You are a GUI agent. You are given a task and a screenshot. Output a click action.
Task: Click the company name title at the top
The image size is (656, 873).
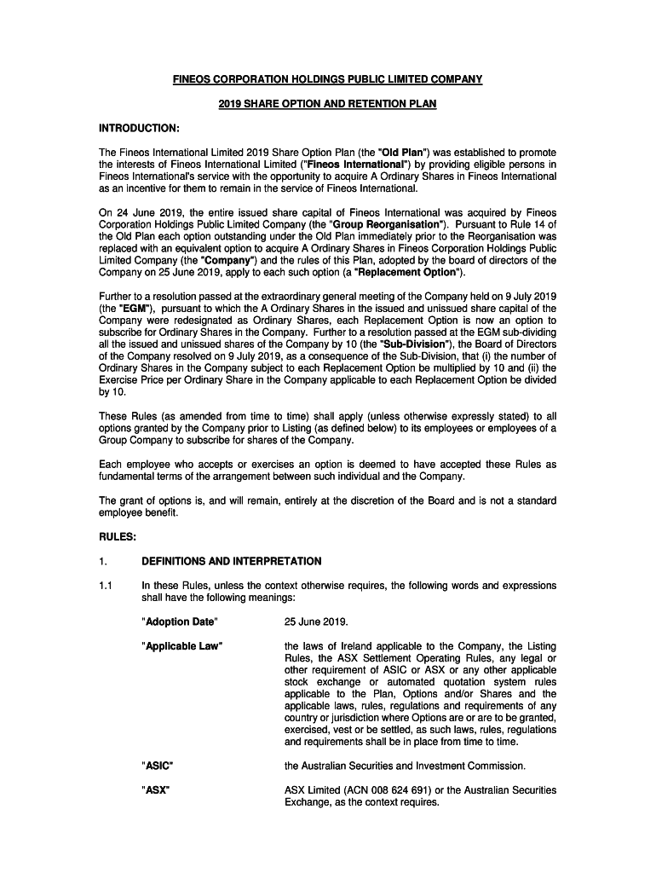328,79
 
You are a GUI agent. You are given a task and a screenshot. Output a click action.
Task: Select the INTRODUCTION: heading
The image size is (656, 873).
139,128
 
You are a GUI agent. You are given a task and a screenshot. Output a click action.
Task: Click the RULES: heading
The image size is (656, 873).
118,537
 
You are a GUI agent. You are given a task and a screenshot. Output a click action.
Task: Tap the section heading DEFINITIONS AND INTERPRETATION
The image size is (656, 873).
232,561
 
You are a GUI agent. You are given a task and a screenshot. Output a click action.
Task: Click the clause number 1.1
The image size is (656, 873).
106,586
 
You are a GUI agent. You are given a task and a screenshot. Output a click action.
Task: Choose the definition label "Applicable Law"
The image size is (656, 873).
182,646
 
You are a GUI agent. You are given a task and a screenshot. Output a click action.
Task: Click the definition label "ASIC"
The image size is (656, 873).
158,766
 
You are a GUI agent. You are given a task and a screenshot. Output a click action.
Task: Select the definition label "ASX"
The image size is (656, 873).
156,790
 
